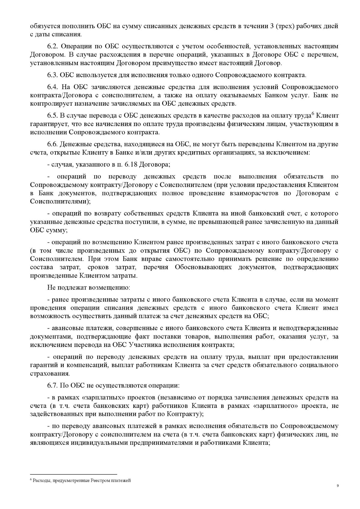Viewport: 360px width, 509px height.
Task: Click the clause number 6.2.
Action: [52, 46]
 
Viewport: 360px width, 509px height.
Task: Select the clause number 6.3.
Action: [52, 75]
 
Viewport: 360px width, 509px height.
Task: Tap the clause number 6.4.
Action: [52, 87]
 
